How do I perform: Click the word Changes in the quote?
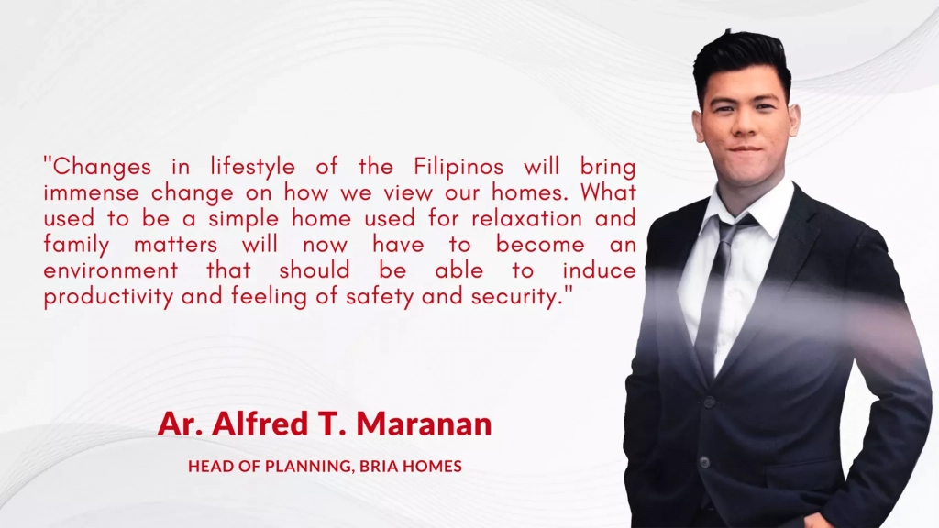coord(102,167)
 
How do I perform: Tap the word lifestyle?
coord(253,166)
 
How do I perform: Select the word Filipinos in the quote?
coord(458,166)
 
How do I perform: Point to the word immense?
coord(92,192)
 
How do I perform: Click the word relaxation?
coord(527,218)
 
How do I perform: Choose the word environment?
coord(111,270)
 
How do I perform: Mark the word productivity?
coord(108,297)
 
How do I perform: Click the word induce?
coord(599,270)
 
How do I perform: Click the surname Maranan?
coord(424,423)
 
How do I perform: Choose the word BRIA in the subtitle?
coord(379,466)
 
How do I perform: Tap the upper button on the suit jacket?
coord(710,401)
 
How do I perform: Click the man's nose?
coord(745,124)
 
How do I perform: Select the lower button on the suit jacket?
coord(705,462)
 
